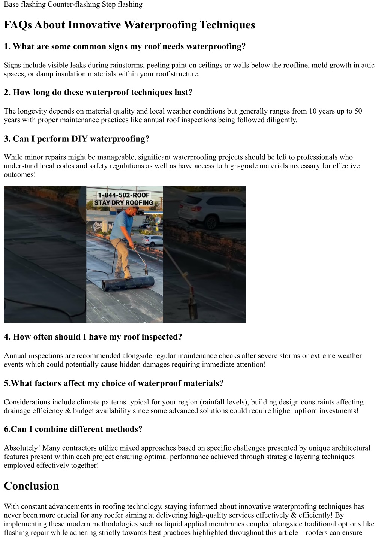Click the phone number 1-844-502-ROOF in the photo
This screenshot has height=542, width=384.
pyautogui.click(x=123, y=195)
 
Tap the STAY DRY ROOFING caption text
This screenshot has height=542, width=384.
pyautogui.click(x=123, y=203)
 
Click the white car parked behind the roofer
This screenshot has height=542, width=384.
pyautogui.click(x=152, y=240)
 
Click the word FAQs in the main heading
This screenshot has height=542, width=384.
pyautogui.click(x=18, y=25)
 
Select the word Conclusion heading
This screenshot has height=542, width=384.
pyautogui.click(x=31, y=486)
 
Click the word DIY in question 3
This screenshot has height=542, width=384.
pyautogui.click(x=79, y=139)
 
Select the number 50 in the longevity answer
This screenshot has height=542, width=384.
pyautogui.click(x=358, y=111)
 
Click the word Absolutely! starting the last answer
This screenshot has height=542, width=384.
pyautogui.click(x=22, y=448)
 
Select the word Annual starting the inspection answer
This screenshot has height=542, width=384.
pyautogui.click(x=16, y=356)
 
